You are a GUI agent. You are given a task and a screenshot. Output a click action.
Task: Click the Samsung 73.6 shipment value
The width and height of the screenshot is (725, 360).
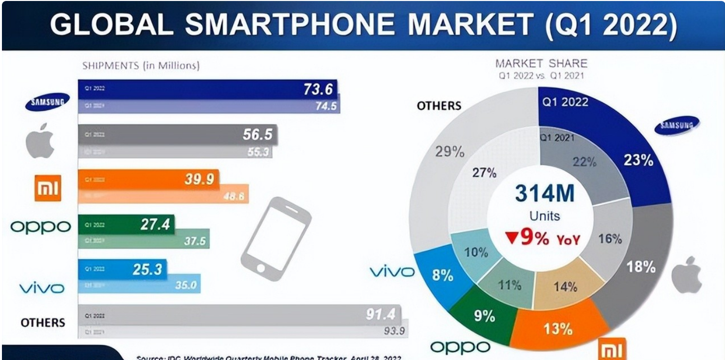pos(318,89)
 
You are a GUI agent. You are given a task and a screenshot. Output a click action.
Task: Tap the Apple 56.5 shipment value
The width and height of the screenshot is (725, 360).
pos(257,134)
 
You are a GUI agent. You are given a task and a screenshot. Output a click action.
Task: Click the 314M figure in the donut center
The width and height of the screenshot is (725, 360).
pos(545,194)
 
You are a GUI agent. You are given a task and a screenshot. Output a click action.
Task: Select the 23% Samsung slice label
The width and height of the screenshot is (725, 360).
pos(638,160)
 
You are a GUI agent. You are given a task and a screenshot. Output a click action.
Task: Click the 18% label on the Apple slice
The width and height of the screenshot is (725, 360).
pos(641,267)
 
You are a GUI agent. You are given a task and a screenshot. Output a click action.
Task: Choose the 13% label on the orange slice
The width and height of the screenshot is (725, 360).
pos(558,328)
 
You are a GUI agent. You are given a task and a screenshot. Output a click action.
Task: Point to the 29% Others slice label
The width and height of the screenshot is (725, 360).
pos(450,152)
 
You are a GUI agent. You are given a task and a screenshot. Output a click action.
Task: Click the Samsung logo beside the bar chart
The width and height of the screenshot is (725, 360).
pos(47,101)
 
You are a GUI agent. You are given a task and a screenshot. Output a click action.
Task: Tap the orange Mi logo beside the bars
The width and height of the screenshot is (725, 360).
pos(48,187)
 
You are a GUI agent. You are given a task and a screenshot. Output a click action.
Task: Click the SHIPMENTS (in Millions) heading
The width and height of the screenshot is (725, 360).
pos(141,65)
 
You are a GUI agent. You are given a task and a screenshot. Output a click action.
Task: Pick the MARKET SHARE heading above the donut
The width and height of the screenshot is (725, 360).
pos(541,63)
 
